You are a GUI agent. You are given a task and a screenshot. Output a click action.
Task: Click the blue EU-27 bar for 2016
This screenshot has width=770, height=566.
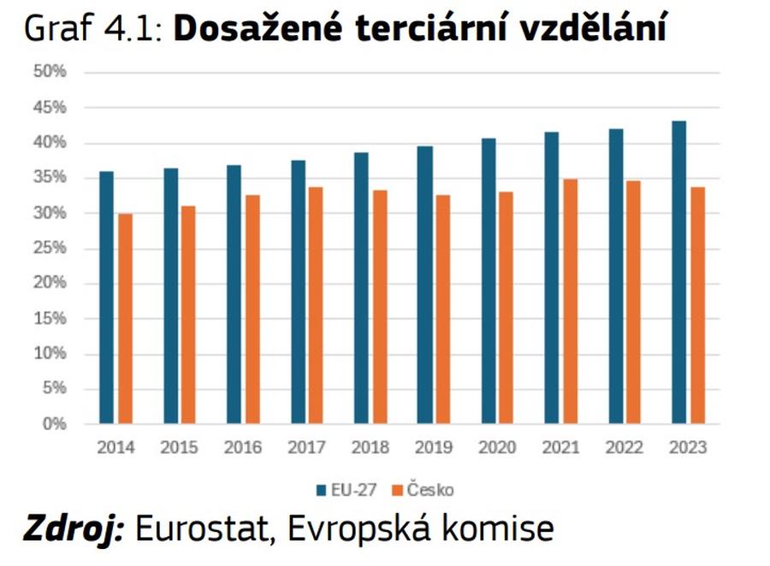click(234, 294)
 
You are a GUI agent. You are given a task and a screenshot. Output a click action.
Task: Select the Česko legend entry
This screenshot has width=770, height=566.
click(424, 490)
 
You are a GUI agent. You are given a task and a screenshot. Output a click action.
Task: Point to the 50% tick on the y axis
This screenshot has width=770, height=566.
click(50, 72)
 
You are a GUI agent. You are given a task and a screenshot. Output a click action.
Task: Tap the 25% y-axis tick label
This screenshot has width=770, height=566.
click(50, 248)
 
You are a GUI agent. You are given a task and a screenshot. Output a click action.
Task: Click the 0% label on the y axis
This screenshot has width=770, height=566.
click(54, 424)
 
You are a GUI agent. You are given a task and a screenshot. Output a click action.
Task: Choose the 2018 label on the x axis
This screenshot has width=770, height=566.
click(370, 447)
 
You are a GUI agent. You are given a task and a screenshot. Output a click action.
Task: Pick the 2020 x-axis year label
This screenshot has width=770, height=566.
click(497, 447)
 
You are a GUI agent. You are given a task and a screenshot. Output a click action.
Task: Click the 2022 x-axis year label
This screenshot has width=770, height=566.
click(625, 447)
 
